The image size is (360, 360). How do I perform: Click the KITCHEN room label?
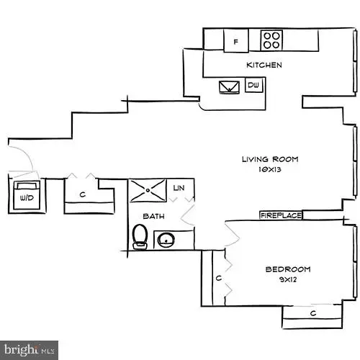pyautogui.click(x=264, y=65)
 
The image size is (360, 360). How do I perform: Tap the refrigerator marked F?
pyautogui.click(x=235, y=42)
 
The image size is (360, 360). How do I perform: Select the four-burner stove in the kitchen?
pyautogui.click(x=271, y=40)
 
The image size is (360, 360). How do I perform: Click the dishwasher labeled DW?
pyautogui.click(x=253, y=86)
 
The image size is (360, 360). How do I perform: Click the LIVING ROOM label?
pyautogui.click(x=269, y=159)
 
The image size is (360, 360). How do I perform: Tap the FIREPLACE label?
pyautogui.click(x=280, y=215)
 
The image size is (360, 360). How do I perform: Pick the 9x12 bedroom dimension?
pyautogui.click(x=287, y=280)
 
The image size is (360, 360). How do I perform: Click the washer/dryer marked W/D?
pyautogui.click(x=27, y=195)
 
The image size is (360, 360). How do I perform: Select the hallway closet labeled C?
pyautogui.click(x=84, y=193)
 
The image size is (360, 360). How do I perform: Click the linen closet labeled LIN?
pyautogui.click(x=180, y=188)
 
